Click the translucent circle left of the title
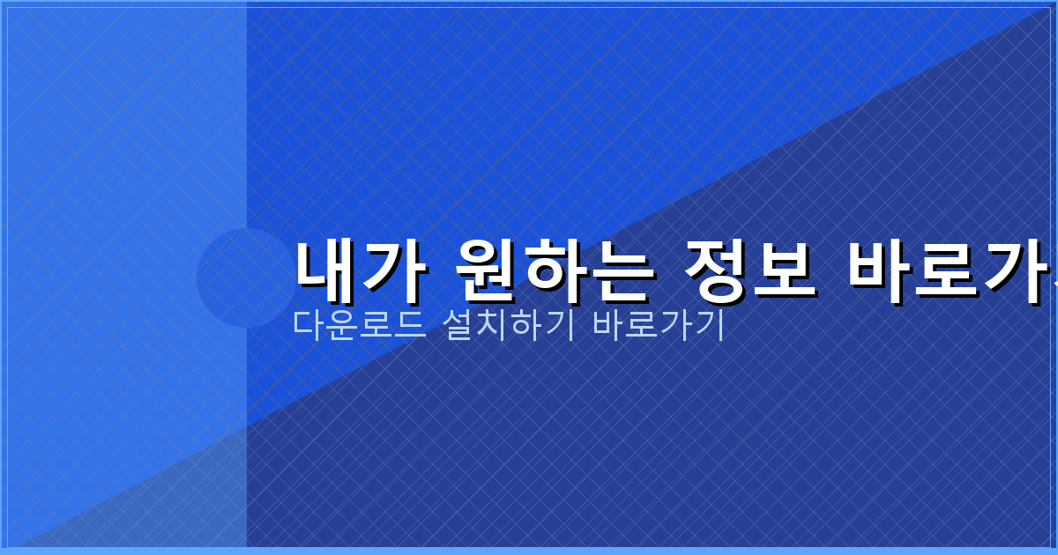246,277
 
